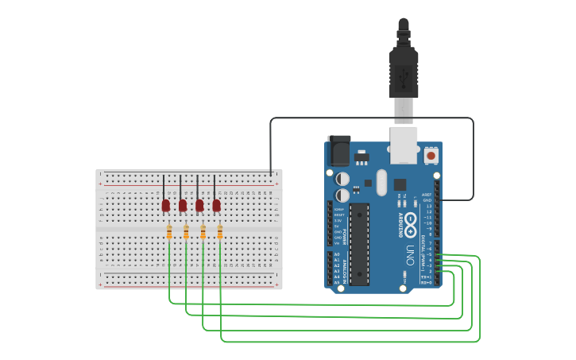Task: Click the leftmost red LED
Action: click(165, 206)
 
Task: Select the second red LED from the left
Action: click(183, 206)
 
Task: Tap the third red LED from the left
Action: click(199, 206)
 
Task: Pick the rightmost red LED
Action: click(216, 206)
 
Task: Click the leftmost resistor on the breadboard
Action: click(169, 232)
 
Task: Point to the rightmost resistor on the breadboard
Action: click(220, 232)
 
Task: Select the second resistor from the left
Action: click(186, 232)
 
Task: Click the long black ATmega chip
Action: click(359, 243)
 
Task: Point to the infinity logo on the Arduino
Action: click(410, 221)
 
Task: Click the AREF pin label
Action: click(427, 194)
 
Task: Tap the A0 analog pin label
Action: click(337, 254)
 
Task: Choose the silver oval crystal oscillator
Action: click(381, 182)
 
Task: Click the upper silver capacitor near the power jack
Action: click(342, 179)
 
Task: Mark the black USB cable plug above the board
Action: click(404, 72)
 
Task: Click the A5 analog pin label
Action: click(337, 282)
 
